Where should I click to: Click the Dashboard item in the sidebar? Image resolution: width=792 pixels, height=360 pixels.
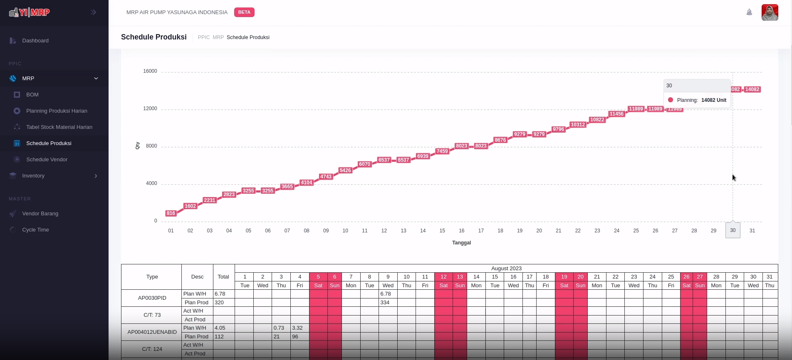pos(35,41)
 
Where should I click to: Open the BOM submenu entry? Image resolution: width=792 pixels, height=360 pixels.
pos(32,95)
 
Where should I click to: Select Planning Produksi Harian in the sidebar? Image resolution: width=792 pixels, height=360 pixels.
pos(57,111)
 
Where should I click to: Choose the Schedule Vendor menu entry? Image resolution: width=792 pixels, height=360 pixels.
pos(47,160)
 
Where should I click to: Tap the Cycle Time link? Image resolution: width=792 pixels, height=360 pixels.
pos(35,230)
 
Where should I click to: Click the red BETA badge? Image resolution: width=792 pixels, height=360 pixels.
pos(244,12)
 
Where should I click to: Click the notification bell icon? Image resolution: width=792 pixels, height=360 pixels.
pos(749,12)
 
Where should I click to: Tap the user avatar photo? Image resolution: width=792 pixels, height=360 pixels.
pos(770,12)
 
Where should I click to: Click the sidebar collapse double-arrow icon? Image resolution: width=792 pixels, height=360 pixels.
pos(94,12)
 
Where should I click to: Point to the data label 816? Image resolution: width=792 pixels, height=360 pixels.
pos(171,213)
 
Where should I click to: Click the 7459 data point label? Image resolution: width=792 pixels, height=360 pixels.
pos(442,151)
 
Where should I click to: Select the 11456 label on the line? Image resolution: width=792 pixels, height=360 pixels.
pos(616,114)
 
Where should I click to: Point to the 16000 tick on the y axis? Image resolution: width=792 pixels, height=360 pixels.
pos(150,71)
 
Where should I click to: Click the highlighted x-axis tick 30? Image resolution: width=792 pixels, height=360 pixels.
pos(733,230)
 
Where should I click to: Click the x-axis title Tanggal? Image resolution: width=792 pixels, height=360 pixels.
pos(461,243)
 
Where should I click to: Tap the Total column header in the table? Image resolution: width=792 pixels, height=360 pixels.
pos(223,277)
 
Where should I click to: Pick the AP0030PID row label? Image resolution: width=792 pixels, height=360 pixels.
pos(152,298)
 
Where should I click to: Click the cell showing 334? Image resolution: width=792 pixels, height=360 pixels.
pos(385,303)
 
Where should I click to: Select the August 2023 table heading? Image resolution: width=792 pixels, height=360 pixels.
pos(506,269)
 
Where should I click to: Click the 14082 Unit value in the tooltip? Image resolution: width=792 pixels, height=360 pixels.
pos(713,100)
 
